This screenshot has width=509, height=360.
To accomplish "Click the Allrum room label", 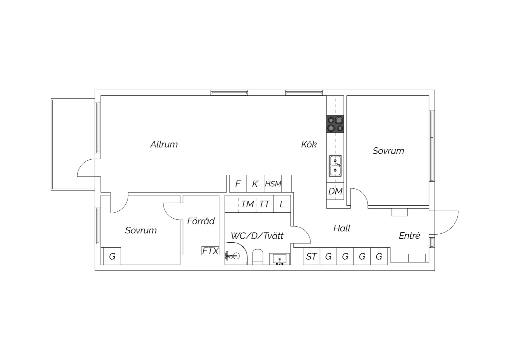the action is click(x=164, y=144).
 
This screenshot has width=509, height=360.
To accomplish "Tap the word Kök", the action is click(x=309, y=144).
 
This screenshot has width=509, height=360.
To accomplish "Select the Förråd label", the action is click(x=201, y=221).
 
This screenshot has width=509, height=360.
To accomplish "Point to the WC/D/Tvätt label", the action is click(x=257, y=236).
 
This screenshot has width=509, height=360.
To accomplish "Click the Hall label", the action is click(x=342, y=228).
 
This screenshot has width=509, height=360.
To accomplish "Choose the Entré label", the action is click(x=409, y=236).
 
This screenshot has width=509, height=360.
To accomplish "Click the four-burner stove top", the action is click(x=335, y=124).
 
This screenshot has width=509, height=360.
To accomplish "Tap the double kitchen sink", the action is click(x=335, y=166).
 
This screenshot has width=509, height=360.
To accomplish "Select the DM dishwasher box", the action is click(x=335, y=191).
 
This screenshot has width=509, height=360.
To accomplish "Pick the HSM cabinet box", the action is click(x=273, y=184).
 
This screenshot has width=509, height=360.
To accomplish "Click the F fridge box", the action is click(x=238, y=184).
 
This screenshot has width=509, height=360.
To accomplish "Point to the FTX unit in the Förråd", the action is click(x=211, y=251).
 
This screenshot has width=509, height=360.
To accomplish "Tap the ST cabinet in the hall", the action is click(x=311, y=256).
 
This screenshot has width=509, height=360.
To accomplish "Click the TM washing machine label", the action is click(x=247, y=204).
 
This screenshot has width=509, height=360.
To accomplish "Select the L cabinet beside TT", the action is click(x=282, y=204).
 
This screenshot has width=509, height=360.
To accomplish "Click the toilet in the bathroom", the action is click(x=258, y=257).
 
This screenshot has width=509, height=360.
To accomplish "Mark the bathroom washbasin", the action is click(x=279, y=259).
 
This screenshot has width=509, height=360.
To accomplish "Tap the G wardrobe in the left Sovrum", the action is click(x=112, y=256).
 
